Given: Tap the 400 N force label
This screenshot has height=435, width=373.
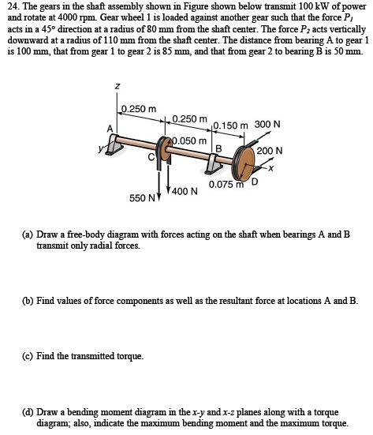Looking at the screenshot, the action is point(185,191).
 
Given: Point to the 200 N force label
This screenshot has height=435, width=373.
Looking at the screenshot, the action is point(270,151).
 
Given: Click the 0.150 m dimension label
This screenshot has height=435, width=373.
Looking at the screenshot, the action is point(229,125).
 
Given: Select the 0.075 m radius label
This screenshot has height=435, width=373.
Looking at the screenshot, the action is point(225,185).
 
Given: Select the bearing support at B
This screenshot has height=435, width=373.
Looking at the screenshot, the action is point(217,163).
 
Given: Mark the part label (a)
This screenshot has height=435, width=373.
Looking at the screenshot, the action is point(28,235).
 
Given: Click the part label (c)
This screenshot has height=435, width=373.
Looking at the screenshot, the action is point(28,356).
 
